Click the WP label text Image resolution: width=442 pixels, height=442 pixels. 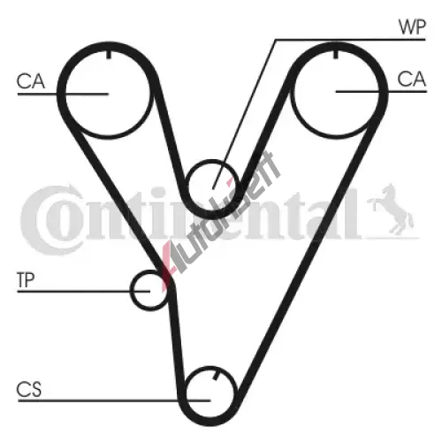pyautogui.click(x=412, y=27)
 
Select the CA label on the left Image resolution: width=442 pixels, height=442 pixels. pyautogui.click(x=31, y=81)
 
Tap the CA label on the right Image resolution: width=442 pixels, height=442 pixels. pyautogui.click(x=412, y=79)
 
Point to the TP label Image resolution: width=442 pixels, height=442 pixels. pyautogui.click(x=26, y=280)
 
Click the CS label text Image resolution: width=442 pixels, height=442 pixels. pyautogui.click(x=29, y=389)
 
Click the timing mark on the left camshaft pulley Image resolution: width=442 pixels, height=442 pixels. pyautogui.click(x=109, y=54)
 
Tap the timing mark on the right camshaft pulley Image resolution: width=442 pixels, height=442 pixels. pyautogui.click(x=335, y=54)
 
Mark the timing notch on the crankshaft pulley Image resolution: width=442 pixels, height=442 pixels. pyautogui.click(x=217, y=376)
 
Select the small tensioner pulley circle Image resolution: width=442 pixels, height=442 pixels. pyautogui.click(x=132, y=290)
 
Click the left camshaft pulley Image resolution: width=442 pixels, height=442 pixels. pyautogui.click(x=65, y=95)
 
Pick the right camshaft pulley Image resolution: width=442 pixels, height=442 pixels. pyautogui.click(x=292, y=95)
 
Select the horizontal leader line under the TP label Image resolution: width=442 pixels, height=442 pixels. pyautogui.click(x=84, y=291)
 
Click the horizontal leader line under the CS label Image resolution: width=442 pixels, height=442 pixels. pyautogui.click(x=114, y=400)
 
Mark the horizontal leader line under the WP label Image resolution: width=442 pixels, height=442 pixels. pyautogui.click(x=350, y=39)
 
